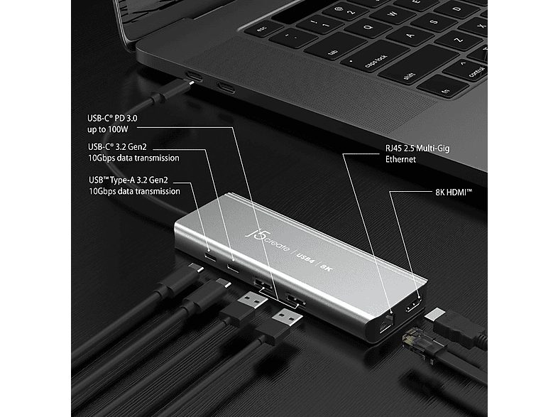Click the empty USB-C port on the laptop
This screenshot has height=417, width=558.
226,88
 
